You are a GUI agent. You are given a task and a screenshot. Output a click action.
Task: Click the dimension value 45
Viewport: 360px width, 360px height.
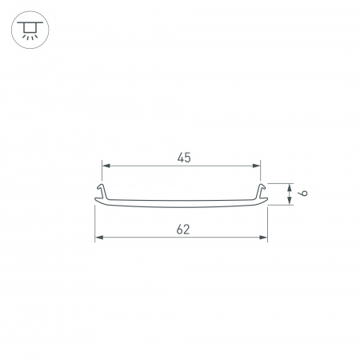pos(183,158)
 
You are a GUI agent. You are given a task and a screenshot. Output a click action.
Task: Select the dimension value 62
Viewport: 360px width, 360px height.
pos(182,230)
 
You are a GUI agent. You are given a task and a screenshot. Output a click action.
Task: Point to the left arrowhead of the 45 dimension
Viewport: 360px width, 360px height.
pos(105,166)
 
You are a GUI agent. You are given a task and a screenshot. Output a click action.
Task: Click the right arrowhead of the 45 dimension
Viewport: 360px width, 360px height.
pos(258,166)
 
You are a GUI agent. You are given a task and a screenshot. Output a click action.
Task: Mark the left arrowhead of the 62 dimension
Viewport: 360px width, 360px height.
pos(98,238)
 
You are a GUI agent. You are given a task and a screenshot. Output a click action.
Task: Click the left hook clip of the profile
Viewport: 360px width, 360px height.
pos(102,190)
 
